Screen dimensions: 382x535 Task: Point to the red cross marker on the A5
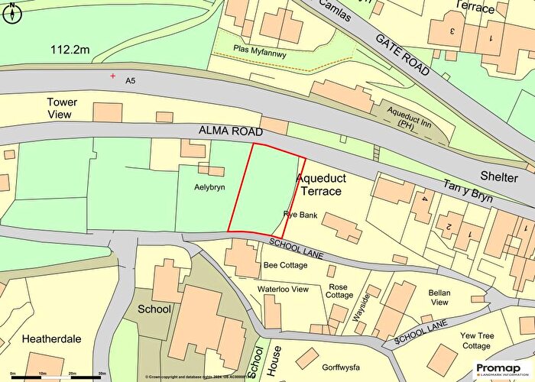[114, 76]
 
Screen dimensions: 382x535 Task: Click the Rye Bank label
[300, 215]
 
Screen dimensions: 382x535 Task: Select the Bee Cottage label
[285, 265]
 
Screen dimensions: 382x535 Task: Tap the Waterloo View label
[282, 290]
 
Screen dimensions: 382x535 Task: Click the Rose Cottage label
[340, 290]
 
